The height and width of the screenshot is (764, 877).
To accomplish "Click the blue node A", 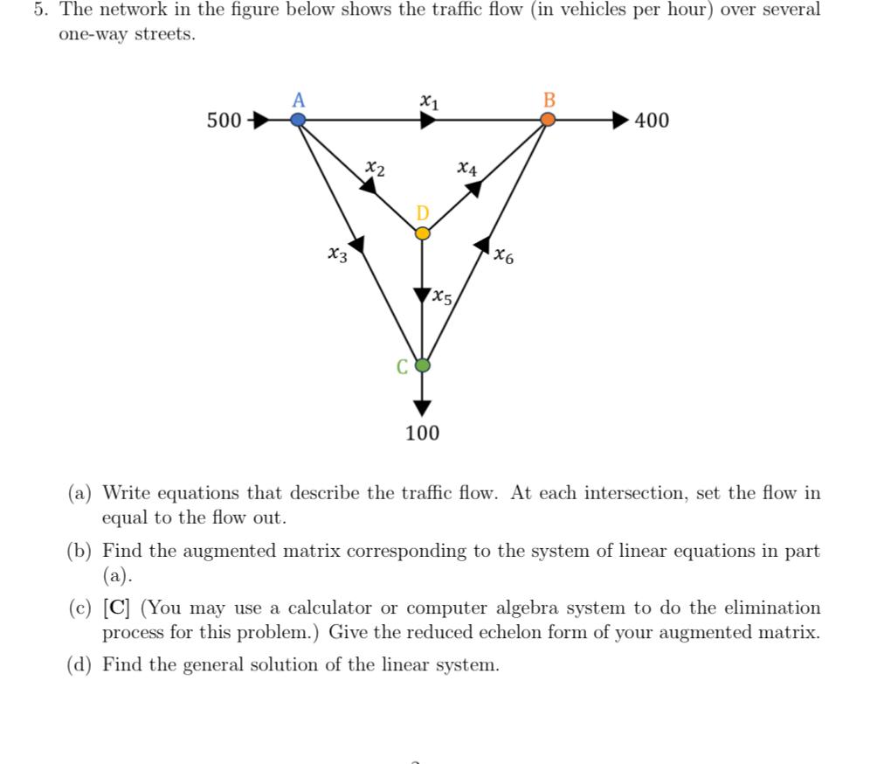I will coord(298,120).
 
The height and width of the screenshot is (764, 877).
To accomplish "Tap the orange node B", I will coord(548,120).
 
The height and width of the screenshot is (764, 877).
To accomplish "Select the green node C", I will coord(423,365).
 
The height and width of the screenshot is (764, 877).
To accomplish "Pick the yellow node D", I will coord(423,233).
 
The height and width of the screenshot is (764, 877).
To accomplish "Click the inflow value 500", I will coord(224,121).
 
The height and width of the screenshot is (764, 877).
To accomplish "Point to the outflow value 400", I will coord(652,121).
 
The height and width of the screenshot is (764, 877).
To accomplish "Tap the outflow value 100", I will coord(423,433).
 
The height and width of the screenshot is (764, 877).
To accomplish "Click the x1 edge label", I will coord(427,101).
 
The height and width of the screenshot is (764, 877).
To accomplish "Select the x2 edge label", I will coord(375,164).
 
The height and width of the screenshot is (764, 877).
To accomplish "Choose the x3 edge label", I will coord(337,255).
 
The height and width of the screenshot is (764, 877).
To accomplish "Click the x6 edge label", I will coord(504,256).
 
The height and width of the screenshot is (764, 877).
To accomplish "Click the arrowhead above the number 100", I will coord(423,406).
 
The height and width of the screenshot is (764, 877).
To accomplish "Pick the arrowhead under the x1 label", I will coord(426,120).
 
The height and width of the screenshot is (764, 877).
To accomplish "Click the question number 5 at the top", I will coord(38,10).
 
